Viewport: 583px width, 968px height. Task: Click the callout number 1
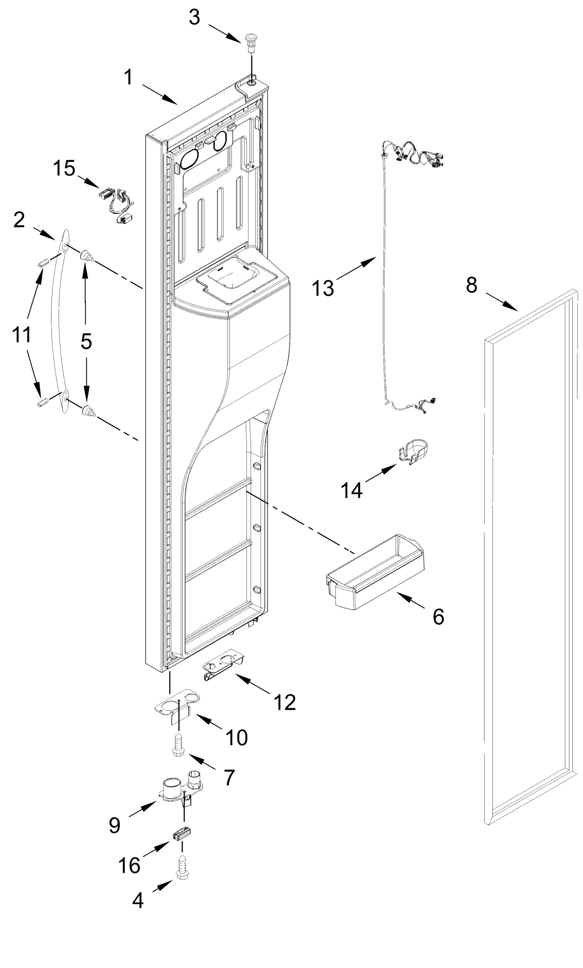(128, 77)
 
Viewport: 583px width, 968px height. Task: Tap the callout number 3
(195, 18)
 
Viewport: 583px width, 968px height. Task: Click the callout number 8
(471, 285)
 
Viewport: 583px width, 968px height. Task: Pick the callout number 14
(351, 490)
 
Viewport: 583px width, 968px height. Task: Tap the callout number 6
(439, 616)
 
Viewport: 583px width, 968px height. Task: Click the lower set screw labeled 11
(44, 402)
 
